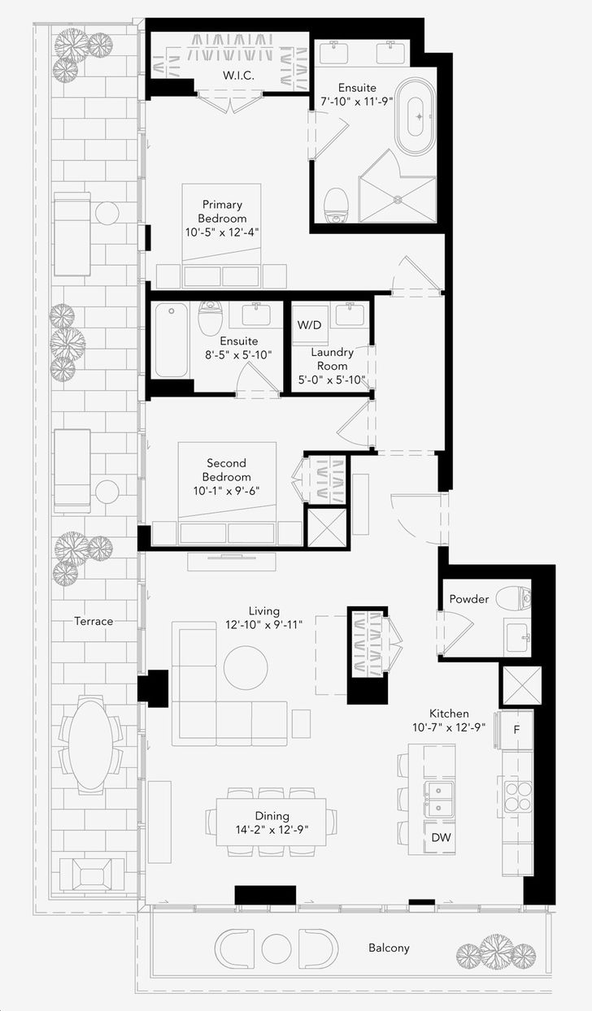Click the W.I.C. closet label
[238, 76]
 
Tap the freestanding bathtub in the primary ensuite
[416, 117]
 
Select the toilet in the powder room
[513, 598]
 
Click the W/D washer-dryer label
[309, 325]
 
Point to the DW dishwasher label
[441, 837]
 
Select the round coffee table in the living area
[246, 668]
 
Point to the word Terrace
[94, 621]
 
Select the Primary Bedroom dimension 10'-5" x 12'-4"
[222, 232]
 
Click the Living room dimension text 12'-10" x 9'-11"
[263, 625]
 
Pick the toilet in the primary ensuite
[337, 206]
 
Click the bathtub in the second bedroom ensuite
[171, 340]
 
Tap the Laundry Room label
[332, 359]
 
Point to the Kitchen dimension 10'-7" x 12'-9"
[449, 727]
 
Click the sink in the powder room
[517, 637]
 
